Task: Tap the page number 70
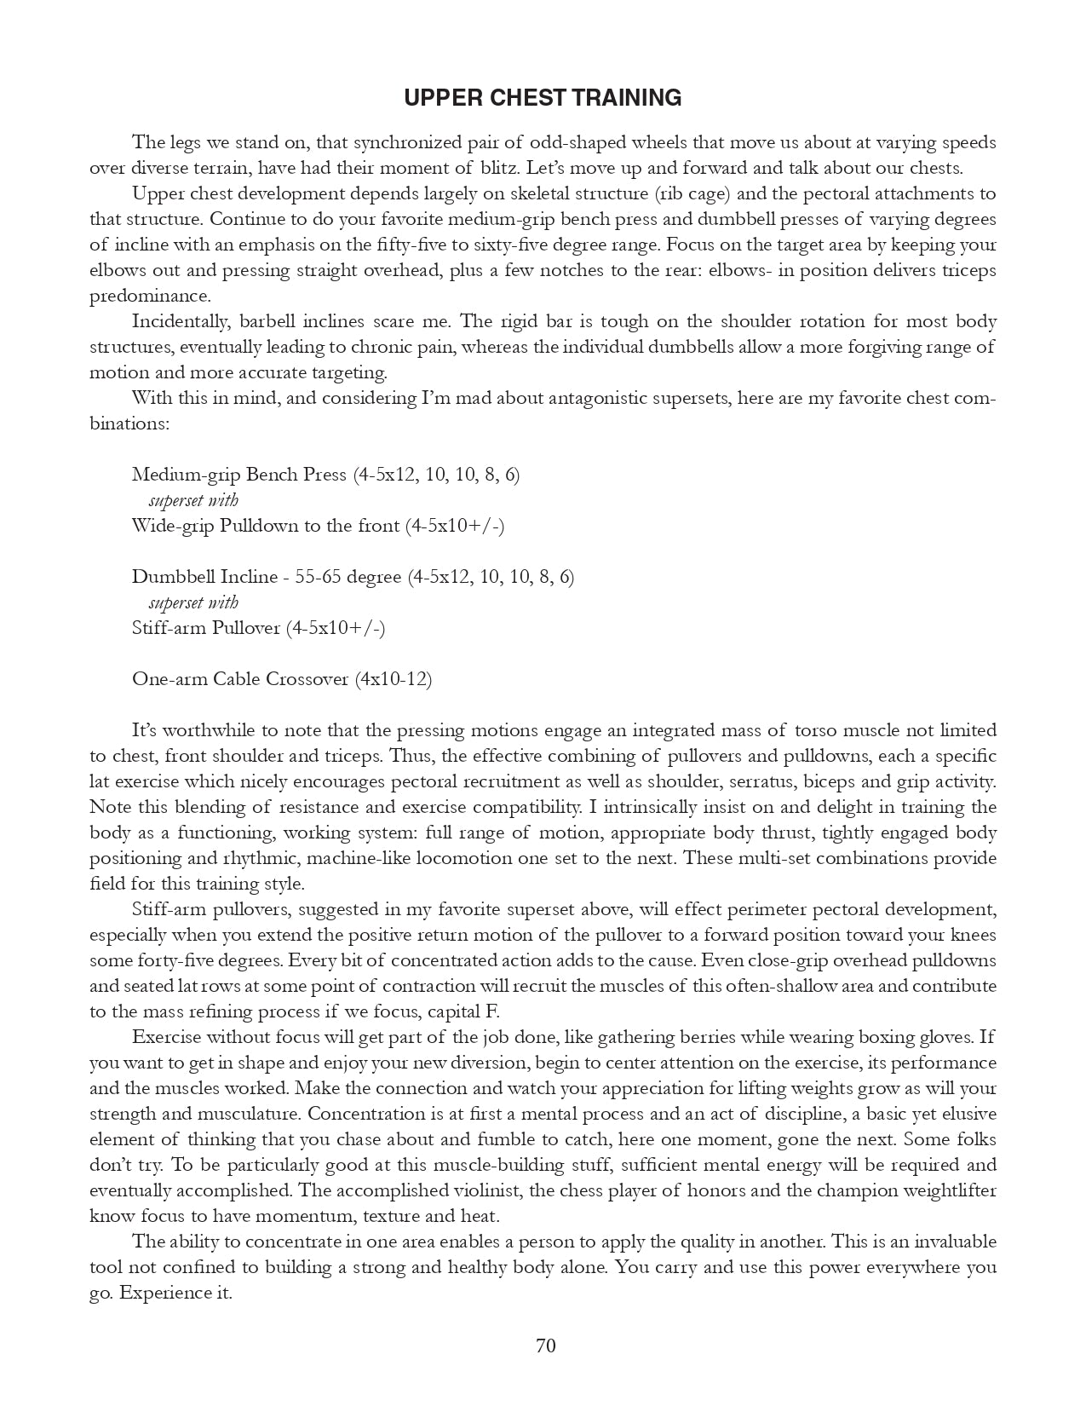(x=546, y=1345)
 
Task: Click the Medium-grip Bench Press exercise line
(x=325, y=475)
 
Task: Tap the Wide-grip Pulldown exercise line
(x=318, y=526)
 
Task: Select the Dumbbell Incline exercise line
(x=353, y=577)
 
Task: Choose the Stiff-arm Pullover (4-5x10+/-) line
(x=258, y=628)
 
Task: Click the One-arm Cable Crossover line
(x=281, y=679)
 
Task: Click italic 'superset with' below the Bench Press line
(x=193, y=500)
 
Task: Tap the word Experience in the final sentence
(x=160, y=1293)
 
